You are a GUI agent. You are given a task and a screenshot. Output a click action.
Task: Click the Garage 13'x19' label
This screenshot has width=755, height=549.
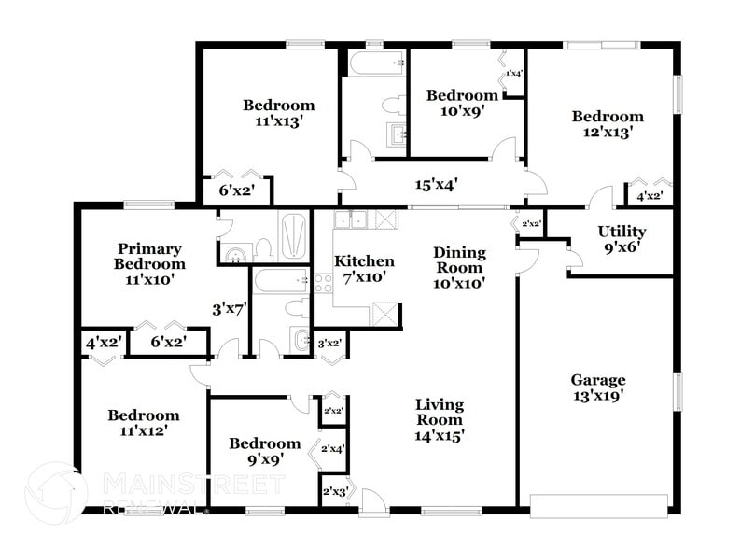pos(597,387)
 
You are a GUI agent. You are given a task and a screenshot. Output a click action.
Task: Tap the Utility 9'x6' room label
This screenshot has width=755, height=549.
pos(622,239)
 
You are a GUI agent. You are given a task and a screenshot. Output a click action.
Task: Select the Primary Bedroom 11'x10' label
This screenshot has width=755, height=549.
pos(150,263)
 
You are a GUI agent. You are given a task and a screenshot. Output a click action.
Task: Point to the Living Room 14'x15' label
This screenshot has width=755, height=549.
pos(440,419)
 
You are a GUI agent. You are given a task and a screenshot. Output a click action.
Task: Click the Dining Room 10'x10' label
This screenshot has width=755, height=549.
pos(459,267)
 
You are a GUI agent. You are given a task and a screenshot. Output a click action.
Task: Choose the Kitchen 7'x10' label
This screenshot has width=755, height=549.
pos(364,269)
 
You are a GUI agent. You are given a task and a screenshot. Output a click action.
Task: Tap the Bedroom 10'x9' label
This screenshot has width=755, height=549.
pos(462,103)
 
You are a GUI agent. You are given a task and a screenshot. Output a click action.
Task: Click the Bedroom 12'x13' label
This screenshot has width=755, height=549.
pos(608,124)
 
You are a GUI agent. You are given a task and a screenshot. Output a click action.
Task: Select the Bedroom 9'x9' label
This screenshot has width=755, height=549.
pos(265,451)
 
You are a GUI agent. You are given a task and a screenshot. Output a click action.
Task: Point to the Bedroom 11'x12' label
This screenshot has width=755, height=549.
pos(143,423)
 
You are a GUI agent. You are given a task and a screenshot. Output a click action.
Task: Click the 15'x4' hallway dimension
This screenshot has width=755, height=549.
pos(436,185)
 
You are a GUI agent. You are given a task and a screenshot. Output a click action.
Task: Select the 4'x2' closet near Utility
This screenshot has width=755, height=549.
pos(650,196)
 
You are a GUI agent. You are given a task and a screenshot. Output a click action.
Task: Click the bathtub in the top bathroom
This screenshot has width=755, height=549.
pos(377,63)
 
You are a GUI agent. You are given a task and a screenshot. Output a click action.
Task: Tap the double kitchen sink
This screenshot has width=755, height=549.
pos(352,219)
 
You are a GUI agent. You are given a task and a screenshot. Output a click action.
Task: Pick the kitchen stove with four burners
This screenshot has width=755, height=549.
pos(323,284)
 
